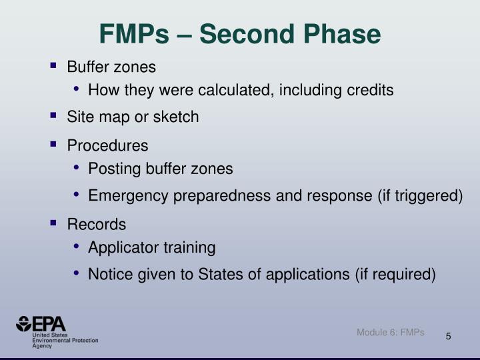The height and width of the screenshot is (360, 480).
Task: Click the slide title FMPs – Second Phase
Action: [240, 33]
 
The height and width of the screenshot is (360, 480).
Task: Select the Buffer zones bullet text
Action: [111, 67]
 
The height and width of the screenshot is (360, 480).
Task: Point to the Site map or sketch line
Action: [133, 117]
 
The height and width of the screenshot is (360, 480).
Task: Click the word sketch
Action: [177, 117]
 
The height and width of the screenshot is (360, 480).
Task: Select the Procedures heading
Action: [107, 145]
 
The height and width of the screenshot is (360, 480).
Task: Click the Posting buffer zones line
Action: [160, 169]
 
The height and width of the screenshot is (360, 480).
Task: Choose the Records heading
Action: [97, 224]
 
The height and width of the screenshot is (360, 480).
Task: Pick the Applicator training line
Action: [151, 248]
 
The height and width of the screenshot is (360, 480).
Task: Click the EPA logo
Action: [41, 324]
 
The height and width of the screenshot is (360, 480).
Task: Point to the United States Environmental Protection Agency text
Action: [65, 341]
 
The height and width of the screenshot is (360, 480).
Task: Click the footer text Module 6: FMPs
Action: [390, 332]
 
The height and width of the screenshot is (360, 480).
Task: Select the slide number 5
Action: [449, 336]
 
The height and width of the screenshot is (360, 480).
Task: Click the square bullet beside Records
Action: [53, 223]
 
